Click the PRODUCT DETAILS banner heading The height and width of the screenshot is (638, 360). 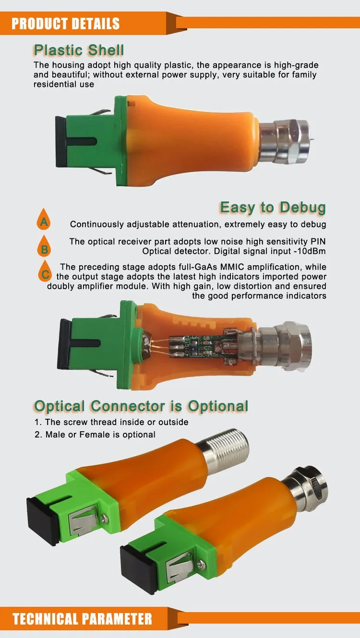tap(66, 24)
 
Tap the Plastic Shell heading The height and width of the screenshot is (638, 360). tap(79, 50)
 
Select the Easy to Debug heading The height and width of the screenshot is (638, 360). tap(273, 208)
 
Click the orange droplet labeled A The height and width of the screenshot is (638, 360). tap(44, 221)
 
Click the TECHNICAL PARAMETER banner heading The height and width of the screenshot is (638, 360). tap(82, 619)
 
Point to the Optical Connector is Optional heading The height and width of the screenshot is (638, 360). tap(141, 406)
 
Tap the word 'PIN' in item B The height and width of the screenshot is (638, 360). tap(317, 241)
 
